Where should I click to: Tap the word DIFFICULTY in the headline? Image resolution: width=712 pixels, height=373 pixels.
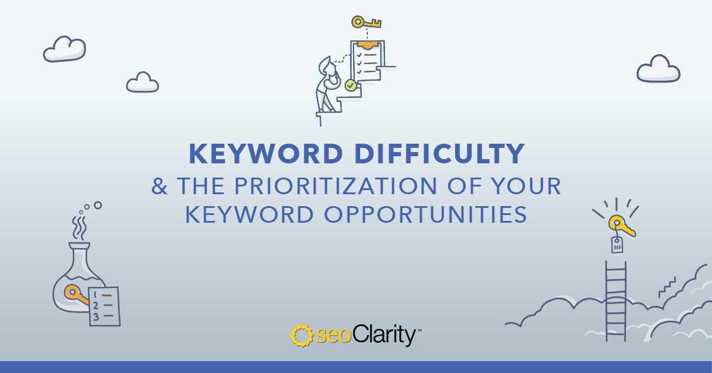(x=440, y=154)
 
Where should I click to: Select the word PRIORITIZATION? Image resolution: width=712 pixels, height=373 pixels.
(x=336, y=186)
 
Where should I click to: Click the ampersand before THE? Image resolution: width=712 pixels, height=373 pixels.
(x=159, y=186)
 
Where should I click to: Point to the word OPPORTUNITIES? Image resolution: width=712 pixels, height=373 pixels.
(x=425, y=214)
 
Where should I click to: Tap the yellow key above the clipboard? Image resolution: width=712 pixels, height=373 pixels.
(x=366, y=23)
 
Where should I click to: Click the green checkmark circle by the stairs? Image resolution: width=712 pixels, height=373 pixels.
(x=351, y=86)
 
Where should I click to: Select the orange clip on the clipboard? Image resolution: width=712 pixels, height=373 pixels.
(x=367, y=45)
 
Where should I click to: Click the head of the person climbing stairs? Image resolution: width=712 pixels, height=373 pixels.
(x=328, y=67)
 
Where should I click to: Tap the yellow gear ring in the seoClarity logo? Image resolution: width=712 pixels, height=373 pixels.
(x=301, y=336)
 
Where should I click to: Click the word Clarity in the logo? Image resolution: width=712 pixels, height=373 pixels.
(x=384, y=335)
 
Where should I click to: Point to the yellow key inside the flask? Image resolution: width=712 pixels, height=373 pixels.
(x=76, y=294)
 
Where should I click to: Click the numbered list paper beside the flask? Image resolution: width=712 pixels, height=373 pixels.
(x=104, y=306)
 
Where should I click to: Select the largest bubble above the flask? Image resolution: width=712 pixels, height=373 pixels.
(x=98, y=206)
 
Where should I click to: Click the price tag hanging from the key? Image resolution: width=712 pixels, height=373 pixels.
(x=617, y=245)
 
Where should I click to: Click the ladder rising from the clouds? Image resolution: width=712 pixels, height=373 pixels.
(x=616, y=301)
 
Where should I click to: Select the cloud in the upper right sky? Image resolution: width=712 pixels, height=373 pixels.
(x=658, y=69)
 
